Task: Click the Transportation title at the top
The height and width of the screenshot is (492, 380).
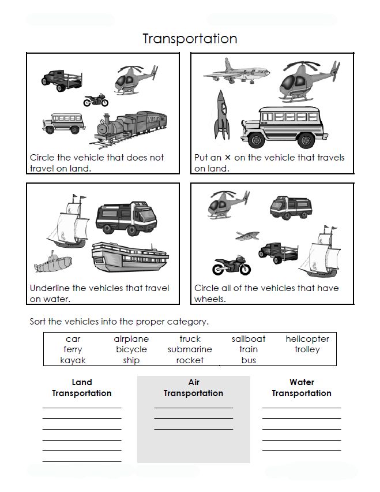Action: point(190,39)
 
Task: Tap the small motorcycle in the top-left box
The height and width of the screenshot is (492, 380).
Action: point(96,100)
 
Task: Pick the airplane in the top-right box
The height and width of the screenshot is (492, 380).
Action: point(236,72)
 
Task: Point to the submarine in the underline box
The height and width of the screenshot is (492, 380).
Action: point(52,263)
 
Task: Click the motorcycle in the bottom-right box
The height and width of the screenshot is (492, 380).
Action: point(232,265)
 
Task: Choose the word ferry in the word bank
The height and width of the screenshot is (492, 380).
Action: point(73,349)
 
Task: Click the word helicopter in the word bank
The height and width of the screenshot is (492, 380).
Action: point(307,339)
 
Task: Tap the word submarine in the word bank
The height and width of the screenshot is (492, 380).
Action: point(190,349)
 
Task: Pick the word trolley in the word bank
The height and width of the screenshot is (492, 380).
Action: point(307,349)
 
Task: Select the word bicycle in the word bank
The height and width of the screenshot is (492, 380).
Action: point(131,349)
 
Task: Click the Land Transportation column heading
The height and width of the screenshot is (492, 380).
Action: point(82,387)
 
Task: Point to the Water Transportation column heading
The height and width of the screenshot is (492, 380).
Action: point(302,387)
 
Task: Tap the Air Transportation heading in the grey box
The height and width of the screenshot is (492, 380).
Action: point(193,387)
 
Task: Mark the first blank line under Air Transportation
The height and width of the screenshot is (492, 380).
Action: point(193,408)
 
